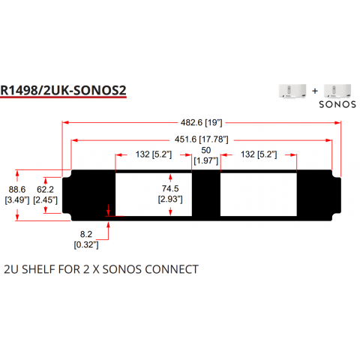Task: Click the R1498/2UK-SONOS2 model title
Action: [x=63, y=91]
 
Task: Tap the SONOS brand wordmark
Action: [x=337, y=104]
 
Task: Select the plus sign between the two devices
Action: [x=315, y=91]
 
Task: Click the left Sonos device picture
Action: [x=292, y=91]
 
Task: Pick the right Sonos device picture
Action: [x=337, y=91]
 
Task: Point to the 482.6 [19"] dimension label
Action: [x=202, y=123]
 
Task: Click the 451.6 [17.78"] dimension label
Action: [x=202, y=139]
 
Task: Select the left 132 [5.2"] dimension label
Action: [x=154, y=154]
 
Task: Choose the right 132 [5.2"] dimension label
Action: [x=259, y=154]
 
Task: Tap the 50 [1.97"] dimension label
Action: [x=206, y=155]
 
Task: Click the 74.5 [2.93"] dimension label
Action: [x=170, y=193]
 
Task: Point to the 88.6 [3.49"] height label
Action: [x=17, y=195]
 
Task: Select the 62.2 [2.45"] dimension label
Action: [x=45, y=195]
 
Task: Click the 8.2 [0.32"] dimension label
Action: [x=86, y=239]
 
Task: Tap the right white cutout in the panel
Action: [x=259, y=194]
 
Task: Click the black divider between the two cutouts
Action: [x=206, y=194]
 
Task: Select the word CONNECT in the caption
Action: [x=172, y=269]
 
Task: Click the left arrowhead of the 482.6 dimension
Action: [x=65, y=122]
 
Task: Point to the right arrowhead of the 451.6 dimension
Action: [x=329, y=140]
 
